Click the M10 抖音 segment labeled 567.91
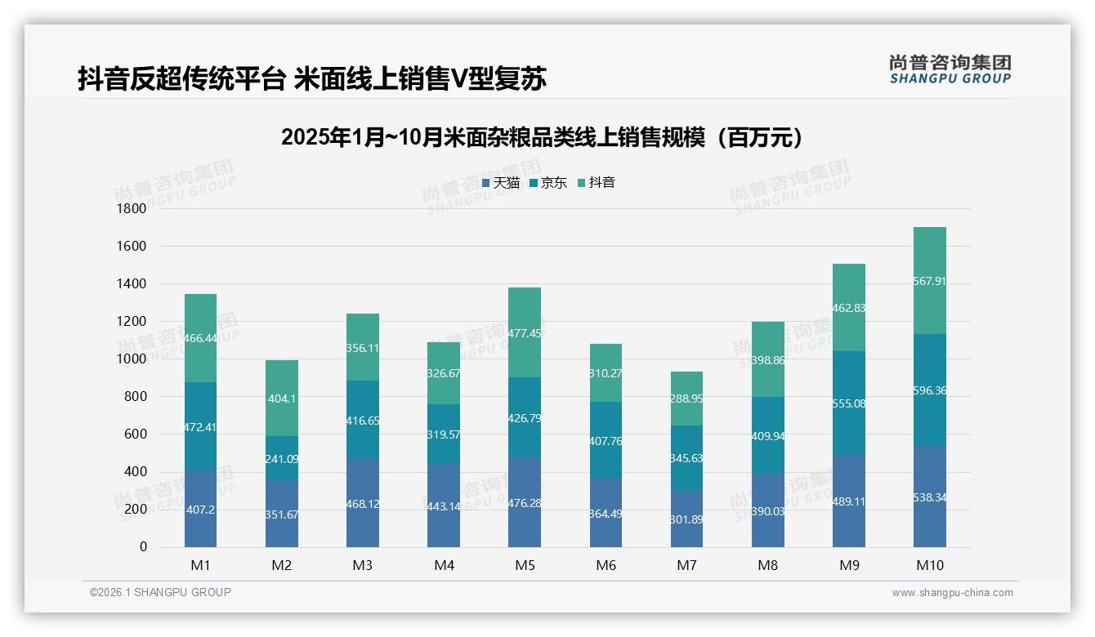(x=930, y=281)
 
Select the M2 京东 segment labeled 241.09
(x=282, y=459)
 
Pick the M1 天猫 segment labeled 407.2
(x=200, y=509)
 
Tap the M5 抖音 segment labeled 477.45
(x=525, y=333)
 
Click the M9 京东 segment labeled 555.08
(x=849, y=403)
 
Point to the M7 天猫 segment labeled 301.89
(x=686, y=519)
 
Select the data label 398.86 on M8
(x=768, y=360)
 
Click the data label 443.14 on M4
(x=444, y=506)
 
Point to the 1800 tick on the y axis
(x=132, y=209)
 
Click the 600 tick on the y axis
(x=136, y=434)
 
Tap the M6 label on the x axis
(x=606, y=565)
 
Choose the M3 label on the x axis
(x=363, y=565)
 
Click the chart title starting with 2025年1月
(x=542, y=137)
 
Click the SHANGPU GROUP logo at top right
(x=950, y=69)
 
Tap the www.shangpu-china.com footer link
(x=952, y=593)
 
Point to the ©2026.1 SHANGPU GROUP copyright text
(x=160, y=592)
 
